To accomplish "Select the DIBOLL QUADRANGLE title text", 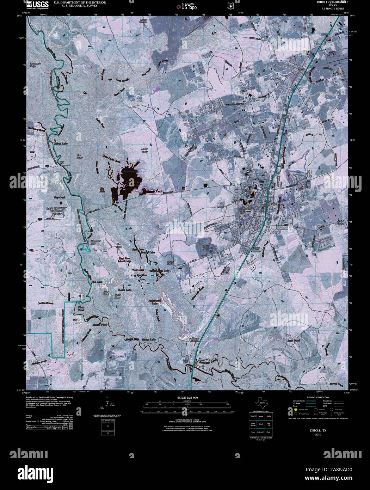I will (323, 2).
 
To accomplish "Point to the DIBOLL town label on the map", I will (273, 204).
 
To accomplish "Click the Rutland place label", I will (239, 201).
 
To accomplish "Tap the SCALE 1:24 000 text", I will (188, 398).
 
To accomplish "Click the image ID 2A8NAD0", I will (338, 470).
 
